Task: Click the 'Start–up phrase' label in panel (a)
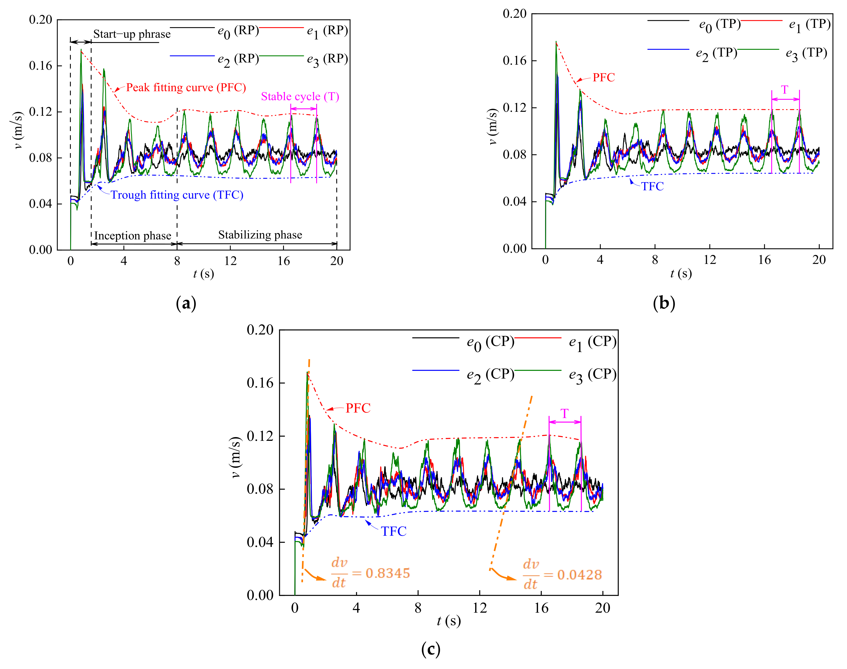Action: pos(132,34)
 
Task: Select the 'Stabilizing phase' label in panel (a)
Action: pos(260,235)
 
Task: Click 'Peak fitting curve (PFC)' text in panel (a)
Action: pos(186,87)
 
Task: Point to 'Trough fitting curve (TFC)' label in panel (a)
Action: pos(177,195)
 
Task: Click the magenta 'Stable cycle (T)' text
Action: pos(300,96)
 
